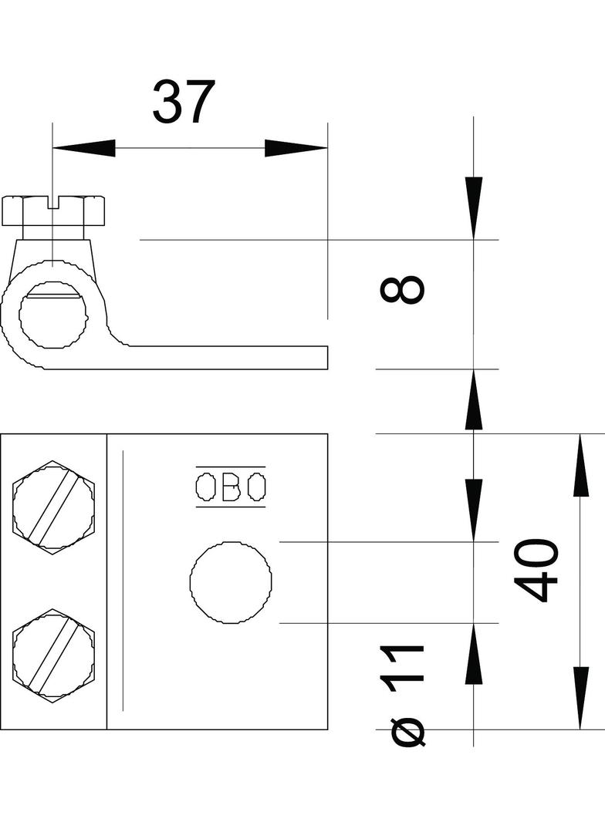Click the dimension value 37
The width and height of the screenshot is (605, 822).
(x=184, y=102)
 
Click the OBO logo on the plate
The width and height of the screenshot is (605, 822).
(x=231, y=487)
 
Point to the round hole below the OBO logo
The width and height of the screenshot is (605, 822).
(x=231, y=582)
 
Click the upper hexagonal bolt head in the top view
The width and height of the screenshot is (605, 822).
(x=53, y=507)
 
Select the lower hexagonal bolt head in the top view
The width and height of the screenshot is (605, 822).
(x=53, y=655)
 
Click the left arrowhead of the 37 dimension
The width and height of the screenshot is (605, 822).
(x=84, y=148)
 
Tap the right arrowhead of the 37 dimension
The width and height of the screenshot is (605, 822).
(x=296, y=148)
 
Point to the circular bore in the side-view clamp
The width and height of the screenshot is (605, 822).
(x=53, y=315)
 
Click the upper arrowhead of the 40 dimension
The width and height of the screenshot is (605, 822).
(x=580, y=465)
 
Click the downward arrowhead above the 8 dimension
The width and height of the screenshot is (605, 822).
(x=473, y=209)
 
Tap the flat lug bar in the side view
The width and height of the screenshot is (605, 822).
(x=228, y=358)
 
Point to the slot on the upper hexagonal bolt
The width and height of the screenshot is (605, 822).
(x=53, y=507)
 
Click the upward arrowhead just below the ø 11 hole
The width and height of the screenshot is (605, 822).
(x=473, y=654)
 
